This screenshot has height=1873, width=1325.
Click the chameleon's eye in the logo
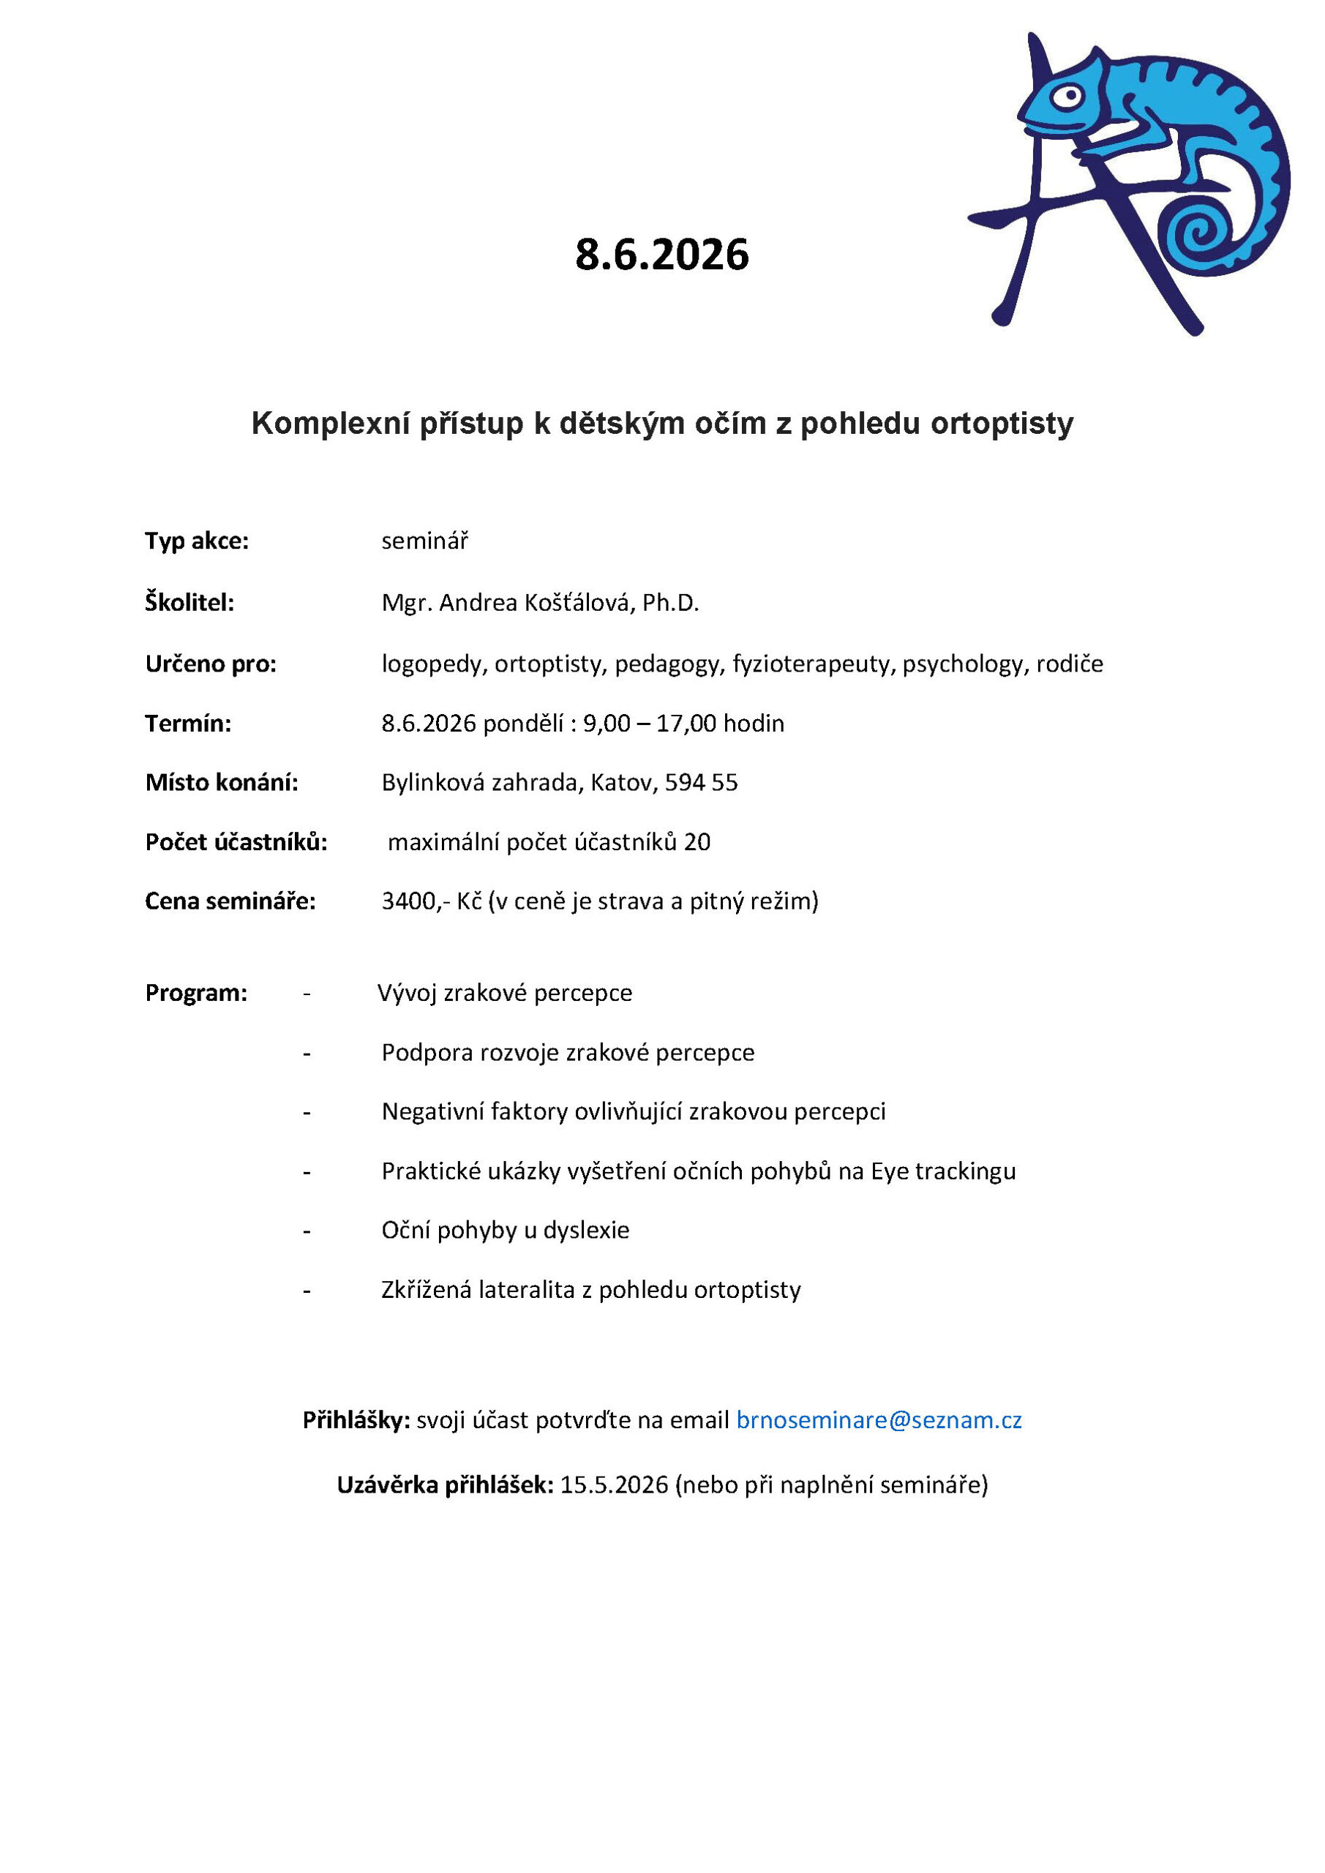click(x=1066, y=98)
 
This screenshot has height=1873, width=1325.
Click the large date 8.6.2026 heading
click(x=661, y=255)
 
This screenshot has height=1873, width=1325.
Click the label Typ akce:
click(x=197, y=541)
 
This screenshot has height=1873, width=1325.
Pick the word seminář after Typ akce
click(x=424, y=541)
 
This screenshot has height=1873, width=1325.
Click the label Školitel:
click(x=189, y=603)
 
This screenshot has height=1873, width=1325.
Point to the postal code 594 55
click(x=701, y=783)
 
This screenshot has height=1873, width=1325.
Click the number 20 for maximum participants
click(x=697, y=842)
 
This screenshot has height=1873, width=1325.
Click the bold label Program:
click(x=196, y=993)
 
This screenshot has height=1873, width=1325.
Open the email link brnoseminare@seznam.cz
click(x=879, y=1420)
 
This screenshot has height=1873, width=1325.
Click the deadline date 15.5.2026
click(x=614, y=1484)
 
